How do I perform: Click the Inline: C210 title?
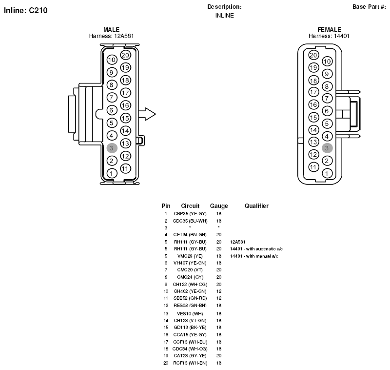click(26, 10)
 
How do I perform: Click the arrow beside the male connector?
click(147, 114)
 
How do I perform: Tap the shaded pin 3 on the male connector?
click(112, 148)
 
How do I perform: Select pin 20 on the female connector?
click(313, 55)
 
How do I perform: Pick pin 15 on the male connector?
click(126, 118)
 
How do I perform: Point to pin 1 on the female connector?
click(327, 173)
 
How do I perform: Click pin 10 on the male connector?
click(112, 60)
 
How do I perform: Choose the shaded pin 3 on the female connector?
click(327, 148)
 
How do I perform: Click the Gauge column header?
click(219, 206)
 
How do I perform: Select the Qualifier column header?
click(256, 206)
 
